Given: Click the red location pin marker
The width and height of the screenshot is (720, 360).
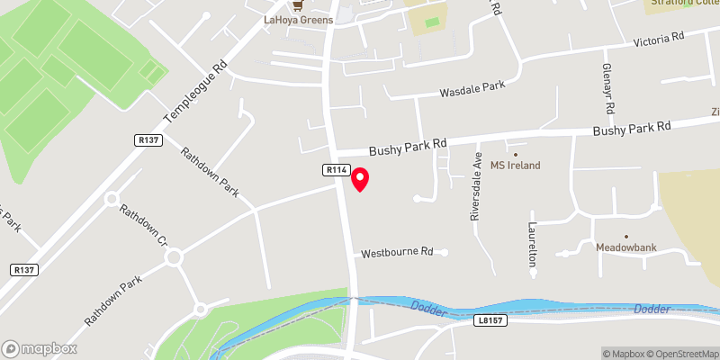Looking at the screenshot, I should coord(360,178).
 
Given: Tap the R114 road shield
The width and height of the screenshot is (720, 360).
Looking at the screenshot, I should coord(337,169).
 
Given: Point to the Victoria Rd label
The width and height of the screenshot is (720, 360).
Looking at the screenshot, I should coord(660,40).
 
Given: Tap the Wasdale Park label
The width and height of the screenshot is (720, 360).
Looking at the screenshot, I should coord(472,90).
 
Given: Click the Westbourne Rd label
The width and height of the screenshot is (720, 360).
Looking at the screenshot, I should coord(398,253).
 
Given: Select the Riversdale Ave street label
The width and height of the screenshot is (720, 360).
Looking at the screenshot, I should coord(475,187).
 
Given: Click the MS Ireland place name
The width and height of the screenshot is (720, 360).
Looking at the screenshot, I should coord(515,165).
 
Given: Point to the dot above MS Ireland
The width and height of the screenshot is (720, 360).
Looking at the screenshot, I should coord(516,153).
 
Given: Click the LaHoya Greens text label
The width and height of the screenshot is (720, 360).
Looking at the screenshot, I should coord(298,20).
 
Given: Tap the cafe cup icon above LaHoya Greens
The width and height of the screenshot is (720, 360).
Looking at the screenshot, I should coord(298,5).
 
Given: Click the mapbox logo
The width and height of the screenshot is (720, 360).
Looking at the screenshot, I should coord(40,348).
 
